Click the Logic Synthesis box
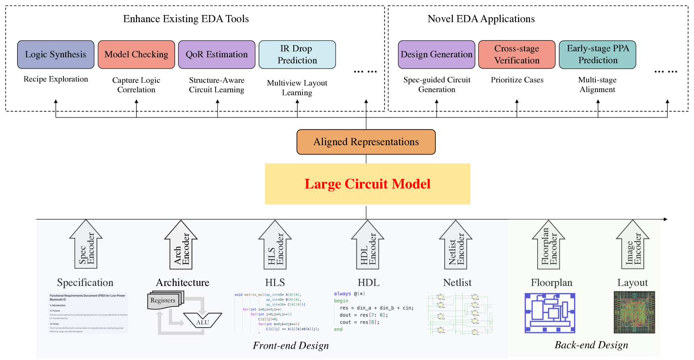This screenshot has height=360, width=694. click(56, 54)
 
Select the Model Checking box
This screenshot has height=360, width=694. click(136, 54)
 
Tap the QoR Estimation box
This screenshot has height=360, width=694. click(216, 54)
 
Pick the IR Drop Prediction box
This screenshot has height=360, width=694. click(297, 54)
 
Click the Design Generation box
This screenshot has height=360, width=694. click(436, 54)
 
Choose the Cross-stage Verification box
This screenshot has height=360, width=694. click(517, 54)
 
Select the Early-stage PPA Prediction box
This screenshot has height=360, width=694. click(597, 54)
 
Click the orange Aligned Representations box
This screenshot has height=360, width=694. click(366, 142)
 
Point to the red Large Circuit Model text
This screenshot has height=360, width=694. click(367, 184)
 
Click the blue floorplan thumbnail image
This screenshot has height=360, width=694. click(550, 313)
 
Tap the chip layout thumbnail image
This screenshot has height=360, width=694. click(634, 312)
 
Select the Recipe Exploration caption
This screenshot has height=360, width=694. click(56, 79)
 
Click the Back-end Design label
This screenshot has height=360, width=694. click(591, 345)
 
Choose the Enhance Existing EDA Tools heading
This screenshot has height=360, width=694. click(186, 19)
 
